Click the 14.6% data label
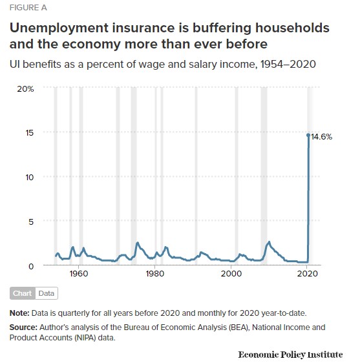coord(321,137)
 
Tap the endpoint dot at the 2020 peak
coord(308,135)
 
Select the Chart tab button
coord(22,293)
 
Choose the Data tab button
coord(47,293)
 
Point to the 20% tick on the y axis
coord(25,88)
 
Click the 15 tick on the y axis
coord(30,133)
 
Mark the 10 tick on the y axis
coord(30,178)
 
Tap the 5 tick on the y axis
coord(31,222)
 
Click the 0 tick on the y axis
coord(31,266)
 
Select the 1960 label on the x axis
coord(79,274)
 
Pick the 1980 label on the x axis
coord(154,274)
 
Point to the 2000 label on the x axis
coord(231,274)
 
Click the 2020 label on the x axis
coord(308,274)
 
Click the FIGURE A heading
coord(28,8)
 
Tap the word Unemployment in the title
coord(59,28)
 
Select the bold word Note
coord(19,313)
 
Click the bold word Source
coord(23,327)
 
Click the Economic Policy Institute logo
coord(290,355)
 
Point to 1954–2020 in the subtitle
coord(288,64)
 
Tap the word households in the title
coord(292,28)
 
